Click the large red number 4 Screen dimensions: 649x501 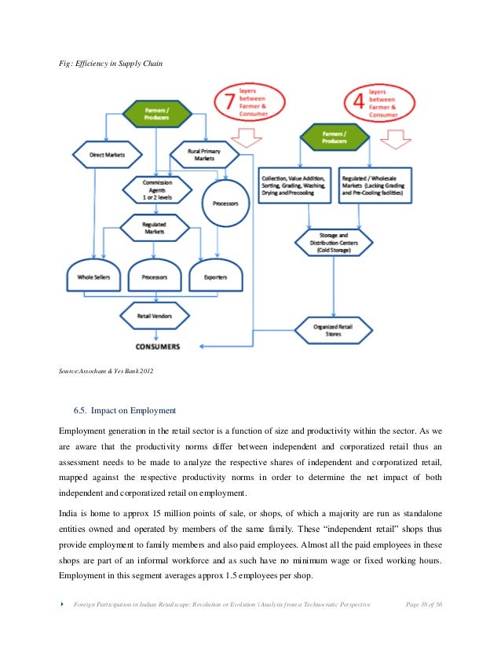(x=357, y=103)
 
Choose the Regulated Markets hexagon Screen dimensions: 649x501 (x=154, y=229)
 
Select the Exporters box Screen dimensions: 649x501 (x=217, y=277)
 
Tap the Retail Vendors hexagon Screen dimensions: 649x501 (x=154, y=316)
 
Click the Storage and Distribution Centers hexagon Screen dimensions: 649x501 (x=334, y=238)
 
